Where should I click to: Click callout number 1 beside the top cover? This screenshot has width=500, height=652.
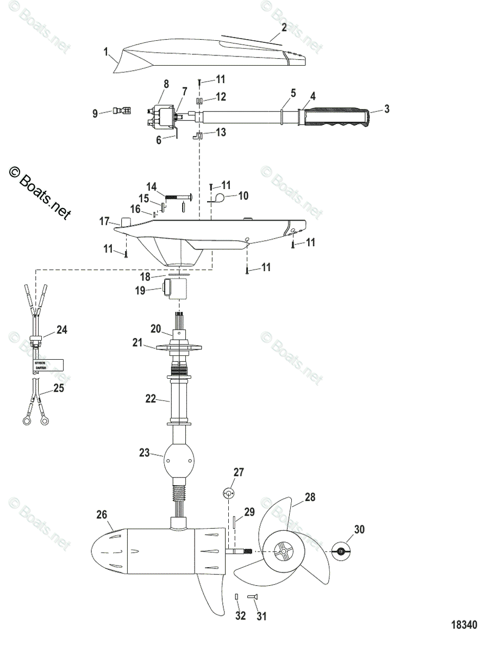106,52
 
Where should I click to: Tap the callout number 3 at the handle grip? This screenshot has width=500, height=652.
386,109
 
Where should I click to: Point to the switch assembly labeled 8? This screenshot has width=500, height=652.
161,116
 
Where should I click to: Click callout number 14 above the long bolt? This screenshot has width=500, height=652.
150,186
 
